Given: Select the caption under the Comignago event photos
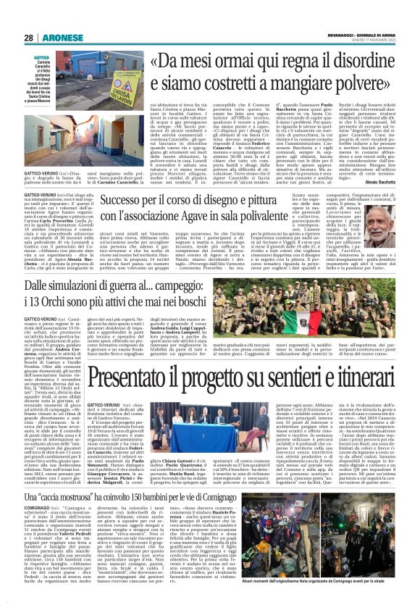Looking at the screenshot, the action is click(x=343, y=601).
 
